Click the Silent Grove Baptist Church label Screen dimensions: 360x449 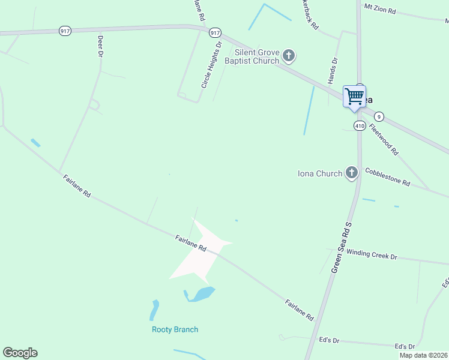coord(252,57)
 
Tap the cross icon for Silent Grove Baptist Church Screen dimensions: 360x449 coord(289,57)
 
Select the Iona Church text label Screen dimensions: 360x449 coord(320,174)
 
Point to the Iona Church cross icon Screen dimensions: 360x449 coord(352,174)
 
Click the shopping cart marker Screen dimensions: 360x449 coord(354,96)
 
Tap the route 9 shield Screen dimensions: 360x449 coord(379,116)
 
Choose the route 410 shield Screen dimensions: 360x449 coord(360,126)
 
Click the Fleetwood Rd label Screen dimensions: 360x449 coord(384,139)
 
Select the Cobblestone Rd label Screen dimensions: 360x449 coord(387,176)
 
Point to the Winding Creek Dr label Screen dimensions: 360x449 coord(372,254)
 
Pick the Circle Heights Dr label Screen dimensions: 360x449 coord(212,65)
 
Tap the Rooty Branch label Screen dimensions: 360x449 coord(175,329)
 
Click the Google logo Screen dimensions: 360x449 coord(20,353)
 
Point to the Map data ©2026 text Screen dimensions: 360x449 coord(423,355)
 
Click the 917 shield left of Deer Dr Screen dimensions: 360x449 coord(65,31)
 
